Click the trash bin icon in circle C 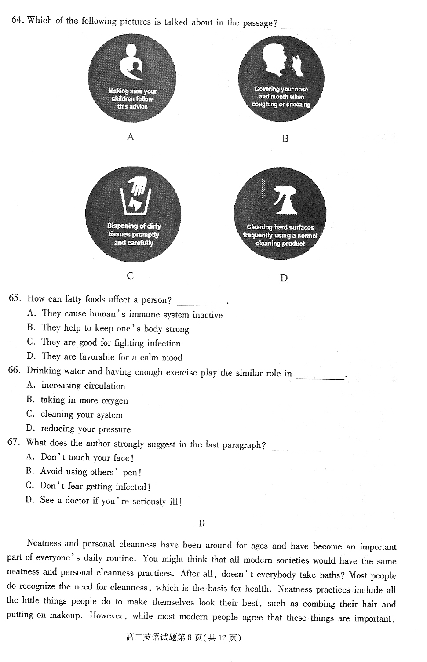coord(135,200)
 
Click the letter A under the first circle coord(130,137)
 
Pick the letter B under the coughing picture coord(285,139)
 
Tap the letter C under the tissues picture coord(130,276)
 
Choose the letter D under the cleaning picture coord(284,278)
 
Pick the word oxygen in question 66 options coord(115,401)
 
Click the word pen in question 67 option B coord(130,473)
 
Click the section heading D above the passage coord(201,523)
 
